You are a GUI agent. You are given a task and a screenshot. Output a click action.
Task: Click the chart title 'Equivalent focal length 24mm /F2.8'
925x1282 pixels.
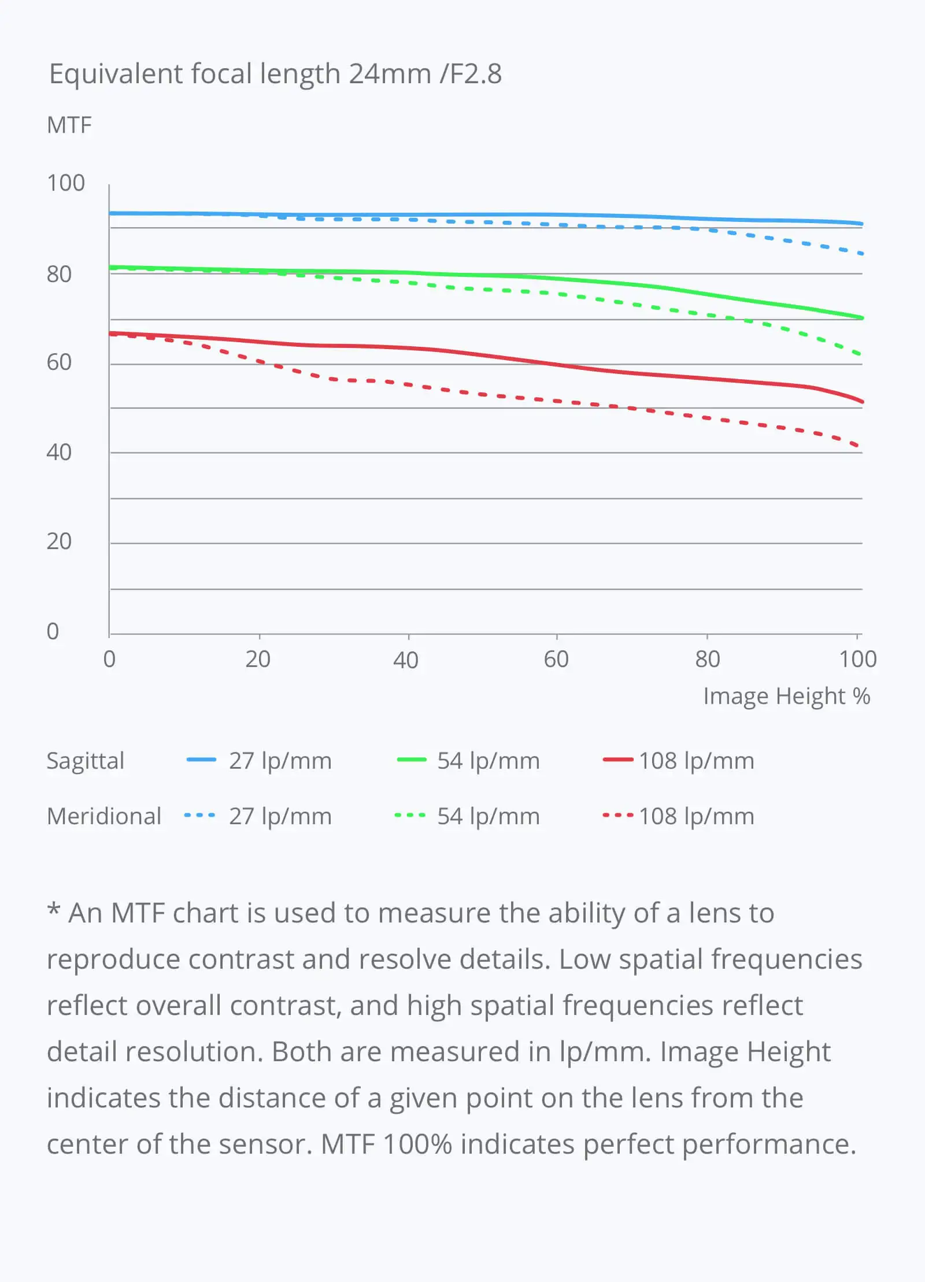coord(275,74)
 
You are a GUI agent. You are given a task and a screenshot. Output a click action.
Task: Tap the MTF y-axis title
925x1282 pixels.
coord(69,125)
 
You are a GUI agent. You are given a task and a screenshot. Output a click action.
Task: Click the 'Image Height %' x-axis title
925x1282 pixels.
coord(786,696)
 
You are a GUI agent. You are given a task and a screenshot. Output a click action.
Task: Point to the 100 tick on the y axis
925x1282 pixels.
coord(66,183)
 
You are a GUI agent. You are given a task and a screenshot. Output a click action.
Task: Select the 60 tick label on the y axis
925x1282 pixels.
coord(59,362)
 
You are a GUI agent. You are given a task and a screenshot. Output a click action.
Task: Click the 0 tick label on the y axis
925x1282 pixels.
coord(53,631)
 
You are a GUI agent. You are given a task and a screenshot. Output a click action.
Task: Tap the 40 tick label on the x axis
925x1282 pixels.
coord(406,659)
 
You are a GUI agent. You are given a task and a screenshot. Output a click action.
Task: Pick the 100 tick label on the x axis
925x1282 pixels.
coord(858,659)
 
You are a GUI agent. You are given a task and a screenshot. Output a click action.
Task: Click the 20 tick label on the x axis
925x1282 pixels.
coord(258,659)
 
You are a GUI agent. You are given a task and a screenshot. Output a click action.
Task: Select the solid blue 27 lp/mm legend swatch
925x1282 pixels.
coord(201,760)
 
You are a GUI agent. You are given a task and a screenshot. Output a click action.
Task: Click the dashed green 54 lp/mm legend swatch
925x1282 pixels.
coord(410,816)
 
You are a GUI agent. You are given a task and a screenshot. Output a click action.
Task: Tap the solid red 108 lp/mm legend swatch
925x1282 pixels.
coord(618,760)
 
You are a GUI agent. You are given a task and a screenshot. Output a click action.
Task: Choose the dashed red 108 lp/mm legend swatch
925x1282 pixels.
coord(618,816)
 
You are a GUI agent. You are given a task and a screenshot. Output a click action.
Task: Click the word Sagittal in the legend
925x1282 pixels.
coord(86,761)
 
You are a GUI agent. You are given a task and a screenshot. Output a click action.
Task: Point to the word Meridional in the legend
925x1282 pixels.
coord(104,816)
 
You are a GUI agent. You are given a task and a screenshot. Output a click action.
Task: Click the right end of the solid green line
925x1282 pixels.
coord(861,317)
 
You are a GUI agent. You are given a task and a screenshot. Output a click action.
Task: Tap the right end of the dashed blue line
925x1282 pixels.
coord(861,254)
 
